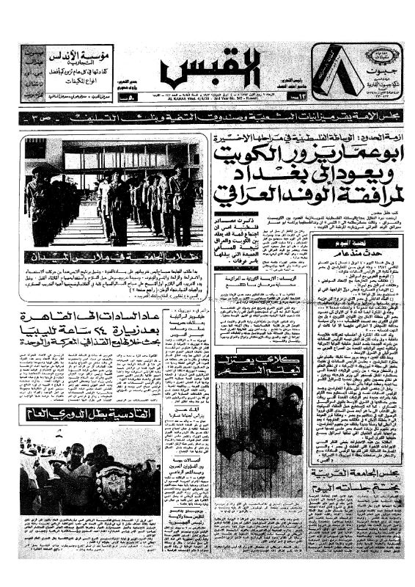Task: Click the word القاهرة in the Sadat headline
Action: click(x=147, y=316)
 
